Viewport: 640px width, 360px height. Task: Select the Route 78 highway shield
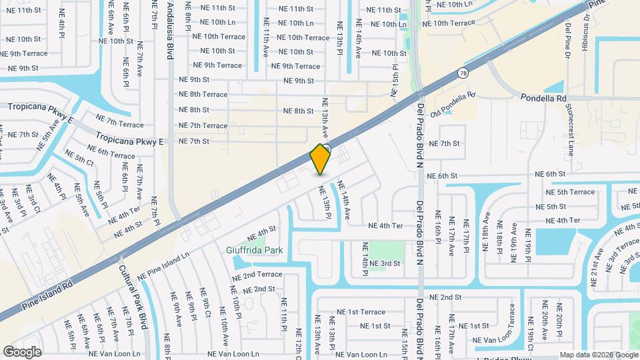tap(463, 73)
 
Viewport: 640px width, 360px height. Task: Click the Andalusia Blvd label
tap(170, 30)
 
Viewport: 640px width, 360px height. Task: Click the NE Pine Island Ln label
tap(163, 266)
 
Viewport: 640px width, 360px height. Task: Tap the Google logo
tap(22, 351)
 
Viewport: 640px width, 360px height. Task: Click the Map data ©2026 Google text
tap(598, 355)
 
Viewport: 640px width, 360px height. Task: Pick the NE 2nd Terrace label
tap(262, 275)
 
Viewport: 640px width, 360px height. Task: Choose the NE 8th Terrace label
tap(203, 95)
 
